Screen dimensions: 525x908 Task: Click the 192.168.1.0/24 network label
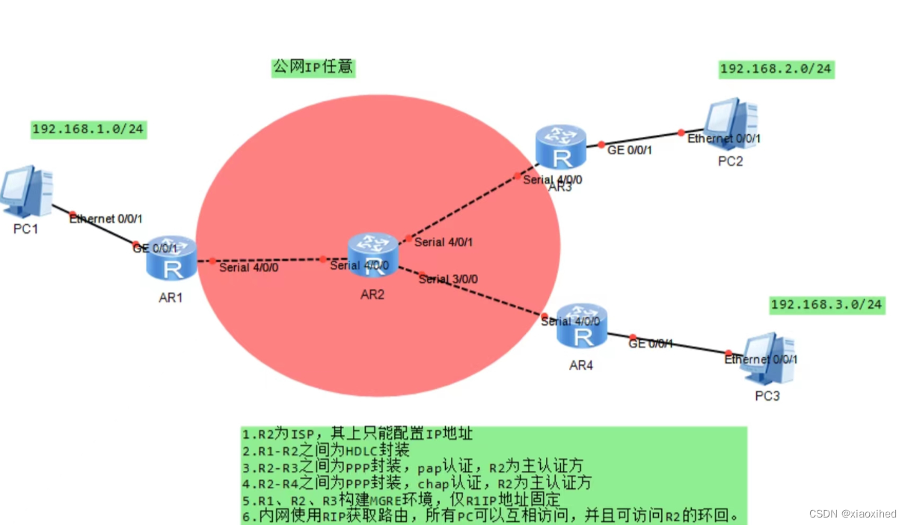click(x=88, y=130)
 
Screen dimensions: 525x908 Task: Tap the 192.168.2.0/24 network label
click(x=776, y=70)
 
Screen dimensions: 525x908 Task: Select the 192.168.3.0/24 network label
click(x=826, y=305)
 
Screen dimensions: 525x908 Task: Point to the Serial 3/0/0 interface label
click(x=448, y=279)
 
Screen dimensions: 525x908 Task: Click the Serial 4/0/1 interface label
click(x=444, y=242)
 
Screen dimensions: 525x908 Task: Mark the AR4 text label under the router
click(x=582, y=365)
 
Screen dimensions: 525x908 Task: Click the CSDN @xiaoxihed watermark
click(x=853, y=514)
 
